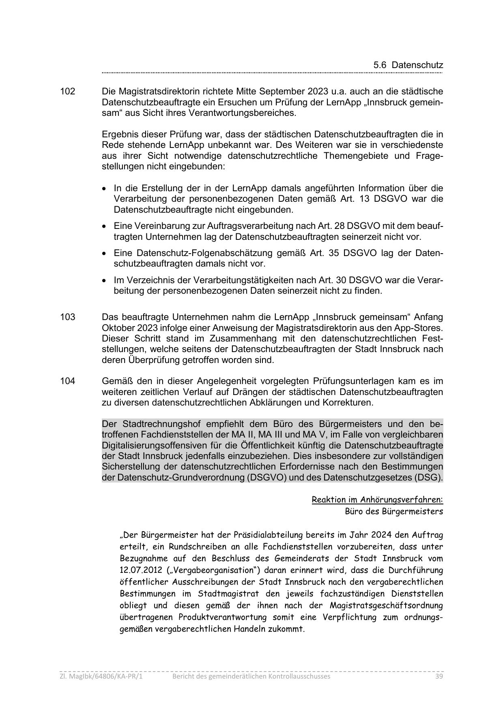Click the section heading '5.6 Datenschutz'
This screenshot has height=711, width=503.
click(408, 65)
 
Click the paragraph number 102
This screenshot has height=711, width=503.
click(67, 91)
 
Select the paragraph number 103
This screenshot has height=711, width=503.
click(67, 317)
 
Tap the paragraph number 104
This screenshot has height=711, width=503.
click(67, 381)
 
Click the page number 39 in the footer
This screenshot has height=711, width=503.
click(439, 676)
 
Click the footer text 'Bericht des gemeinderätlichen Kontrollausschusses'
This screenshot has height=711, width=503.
click(251, 676)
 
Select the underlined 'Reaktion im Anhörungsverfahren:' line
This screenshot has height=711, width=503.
click(377, 500)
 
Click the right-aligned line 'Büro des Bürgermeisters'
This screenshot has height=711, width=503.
click(394, 511)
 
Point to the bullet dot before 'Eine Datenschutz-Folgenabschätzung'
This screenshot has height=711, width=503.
click(105, 254)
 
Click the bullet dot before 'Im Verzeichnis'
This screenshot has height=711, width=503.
click(105, 281)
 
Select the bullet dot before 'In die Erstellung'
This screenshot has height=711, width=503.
click(105, 189)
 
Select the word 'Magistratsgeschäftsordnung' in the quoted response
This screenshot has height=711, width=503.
click(386, 606)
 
